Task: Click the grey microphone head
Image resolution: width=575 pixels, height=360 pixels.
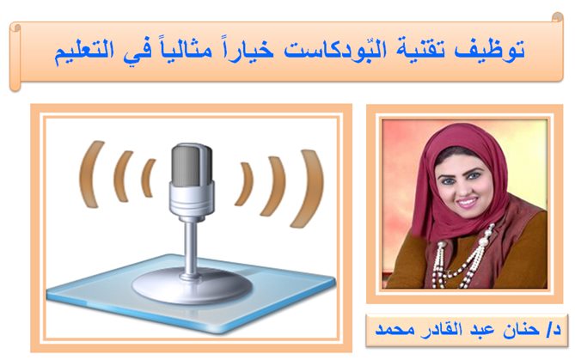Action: click(192, 165)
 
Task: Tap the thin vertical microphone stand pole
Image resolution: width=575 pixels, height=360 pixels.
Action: click(191, 247)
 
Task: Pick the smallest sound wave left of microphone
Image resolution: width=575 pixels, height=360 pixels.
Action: click(147, 177)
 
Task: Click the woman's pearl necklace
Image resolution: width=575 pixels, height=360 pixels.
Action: click(462, 257)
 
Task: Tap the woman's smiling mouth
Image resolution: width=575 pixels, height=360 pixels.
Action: click(468, 202)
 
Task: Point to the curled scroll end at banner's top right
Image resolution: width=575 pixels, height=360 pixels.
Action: click(558, 17)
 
